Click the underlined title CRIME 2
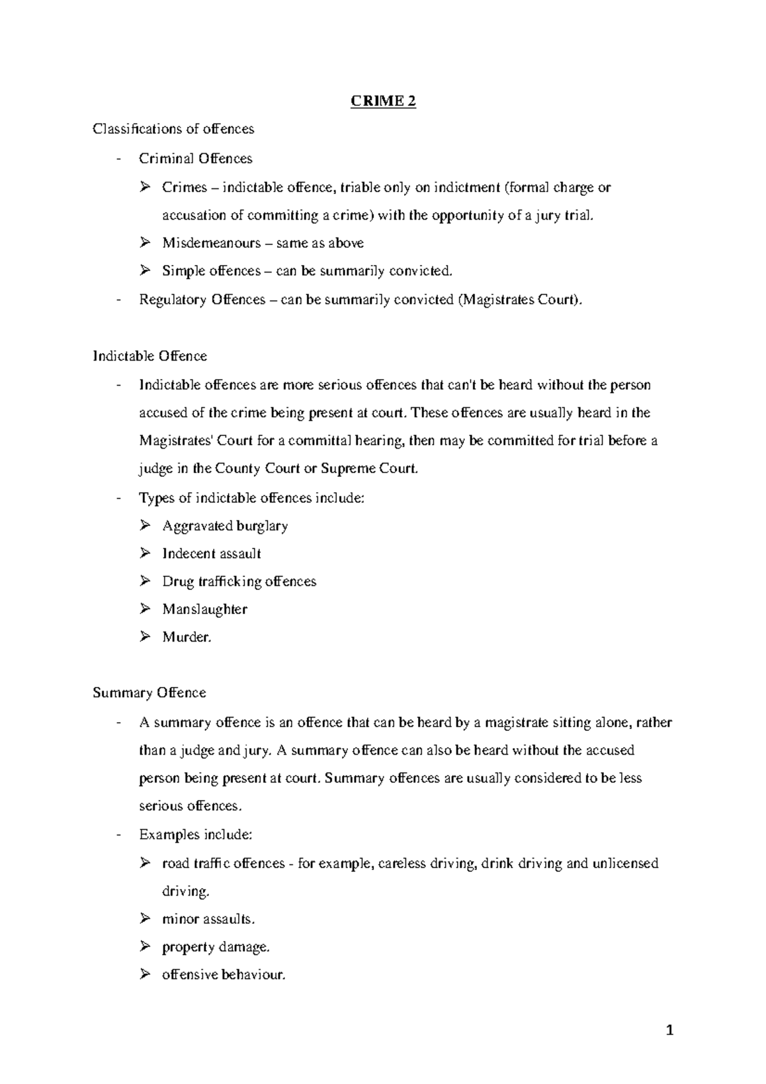coord(383,102)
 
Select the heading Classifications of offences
coord(173,129)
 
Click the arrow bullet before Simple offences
coord(145,271)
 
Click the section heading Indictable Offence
coord(150,356)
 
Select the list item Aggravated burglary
coord(225,526)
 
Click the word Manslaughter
coord(204,609)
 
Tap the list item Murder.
coord(186,637)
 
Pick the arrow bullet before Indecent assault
coord(145,553)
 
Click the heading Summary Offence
coord(149,693)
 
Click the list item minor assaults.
coord(208,919)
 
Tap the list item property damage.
coord(216,947)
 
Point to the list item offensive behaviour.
coord(223,975)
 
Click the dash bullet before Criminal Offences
coord(119,158)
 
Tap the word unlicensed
coord(625,864)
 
